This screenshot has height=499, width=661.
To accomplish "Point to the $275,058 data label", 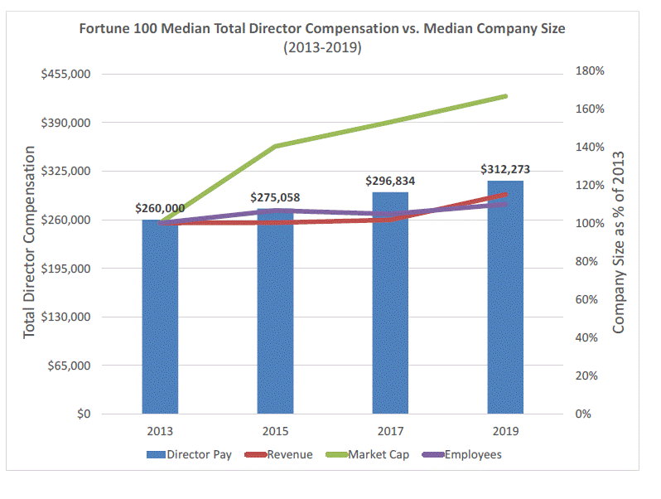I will pyautogui.click(x=275, y=197).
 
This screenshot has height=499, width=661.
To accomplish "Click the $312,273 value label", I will pyautogui.click(x=505, y=169).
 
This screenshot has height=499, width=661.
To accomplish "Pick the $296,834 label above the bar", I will pyautogui.click(x=390, y=180).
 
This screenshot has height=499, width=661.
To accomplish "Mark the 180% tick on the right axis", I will pyautogui.click(x=590, y=71).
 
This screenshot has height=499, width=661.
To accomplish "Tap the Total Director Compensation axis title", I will pyautogui.click(x=30, y=242).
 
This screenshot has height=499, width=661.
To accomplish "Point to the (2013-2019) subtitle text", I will pyautogui.click(x=322, y=47).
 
